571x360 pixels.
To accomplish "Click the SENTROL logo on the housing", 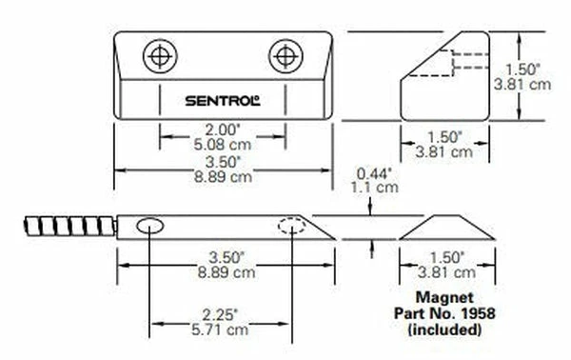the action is pyautogui.click(x=223, y=101).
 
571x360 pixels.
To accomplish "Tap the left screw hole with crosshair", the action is pyautogui.click(x=160, y=56).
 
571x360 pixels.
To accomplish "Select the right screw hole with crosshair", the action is pyautogui.click(x=285, y=56).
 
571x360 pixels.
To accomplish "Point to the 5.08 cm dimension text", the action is pyautogui.click(x=223, y=145).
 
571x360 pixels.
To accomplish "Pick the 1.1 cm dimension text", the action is pyautogui.click(x=375, y=188).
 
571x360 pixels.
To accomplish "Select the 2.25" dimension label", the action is pyautogui.click(x=220, y=315).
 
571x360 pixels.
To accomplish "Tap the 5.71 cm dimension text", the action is pyautogui.click(x=220, y=330).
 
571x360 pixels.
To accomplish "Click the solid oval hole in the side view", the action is pyautogui.click(x=150, y=226).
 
